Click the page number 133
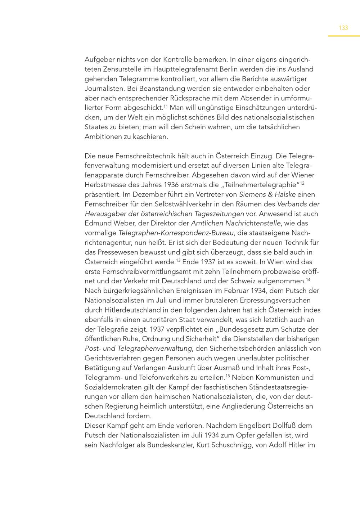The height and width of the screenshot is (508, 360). (343, 28)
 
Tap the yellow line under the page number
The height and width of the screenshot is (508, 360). (343, 36)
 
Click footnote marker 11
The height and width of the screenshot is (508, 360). (166, 106)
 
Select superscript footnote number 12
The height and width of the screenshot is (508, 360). (302, 183)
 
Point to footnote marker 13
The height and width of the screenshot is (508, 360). (178, 260)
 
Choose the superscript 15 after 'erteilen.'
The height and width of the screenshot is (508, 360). (228, 376)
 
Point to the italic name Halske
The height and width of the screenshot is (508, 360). (285, 194)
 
